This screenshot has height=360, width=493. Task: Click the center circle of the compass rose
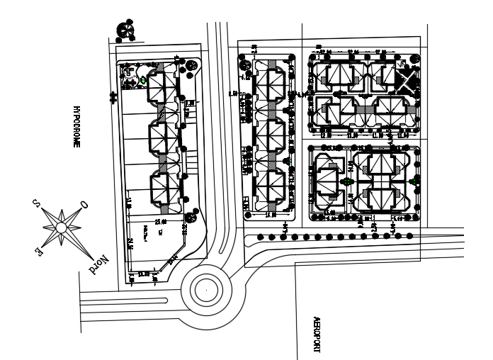tap(62, 227)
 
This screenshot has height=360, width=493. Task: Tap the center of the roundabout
tap(205, 290)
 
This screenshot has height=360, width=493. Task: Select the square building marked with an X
tap(408, 79)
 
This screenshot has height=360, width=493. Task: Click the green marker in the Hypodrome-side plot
tap(144, 80)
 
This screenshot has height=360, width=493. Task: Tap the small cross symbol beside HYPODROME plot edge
tap(112, 98)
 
